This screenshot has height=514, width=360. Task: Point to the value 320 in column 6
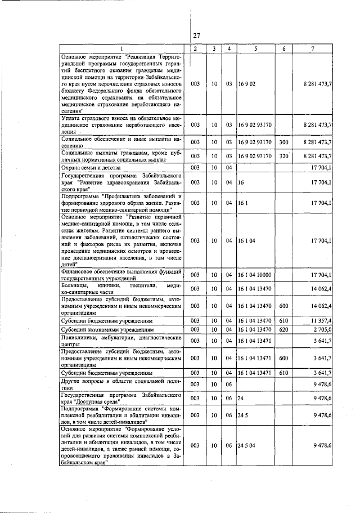283,155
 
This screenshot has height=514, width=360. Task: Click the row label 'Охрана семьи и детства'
92,167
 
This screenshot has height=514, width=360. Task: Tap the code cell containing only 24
241,398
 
